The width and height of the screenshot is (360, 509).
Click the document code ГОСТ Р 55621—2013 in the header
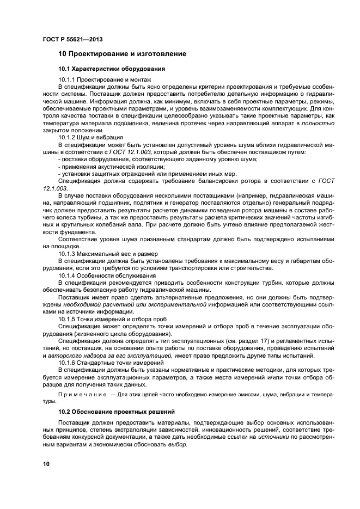click(x=72, y=39)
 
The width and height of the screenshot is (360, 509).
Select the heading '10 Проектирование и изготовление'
click(x=122, y=54)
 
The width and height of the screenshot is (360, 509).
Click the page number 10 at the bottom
click(x=46, y=463)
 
